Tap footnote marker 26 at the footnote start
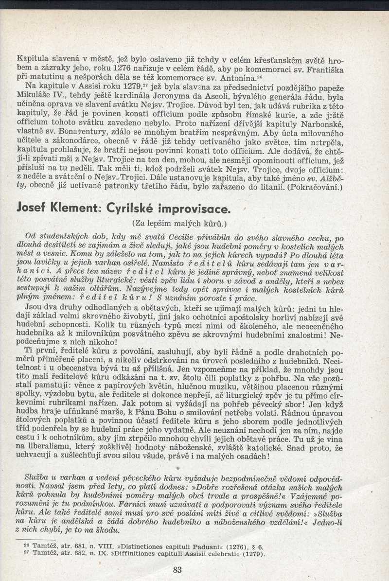27,545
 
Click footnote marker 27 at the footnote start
27,553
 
